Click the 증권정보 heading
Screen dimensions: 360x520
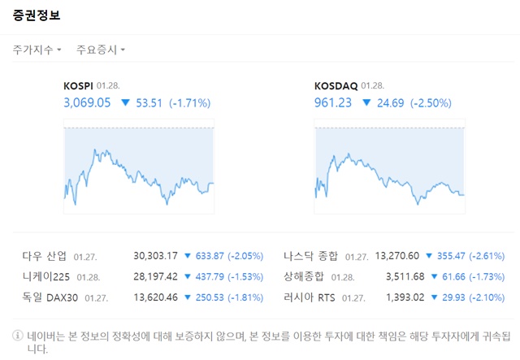point(37,15)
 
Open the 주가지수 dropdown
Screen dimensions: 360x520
point(37,50)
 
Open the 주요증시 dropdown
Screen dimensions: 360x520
point(100,50)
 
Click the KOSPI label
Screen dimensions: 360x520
point(78,85)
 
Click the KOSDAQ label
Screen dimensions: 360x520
point(334,85)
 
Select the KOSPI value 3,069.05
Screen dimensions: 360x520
point(86,102)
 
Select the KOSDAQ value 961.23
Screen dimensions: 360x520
point(332,102)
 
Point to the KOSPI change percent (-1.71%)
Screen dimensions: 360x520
point(190,102)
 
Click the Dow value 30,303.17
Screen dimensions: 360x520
point(155,256)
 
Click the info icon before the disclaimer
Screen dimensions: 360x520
point(17,335)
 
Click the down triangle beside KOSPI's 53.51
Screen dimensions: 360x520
point(125,103)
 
